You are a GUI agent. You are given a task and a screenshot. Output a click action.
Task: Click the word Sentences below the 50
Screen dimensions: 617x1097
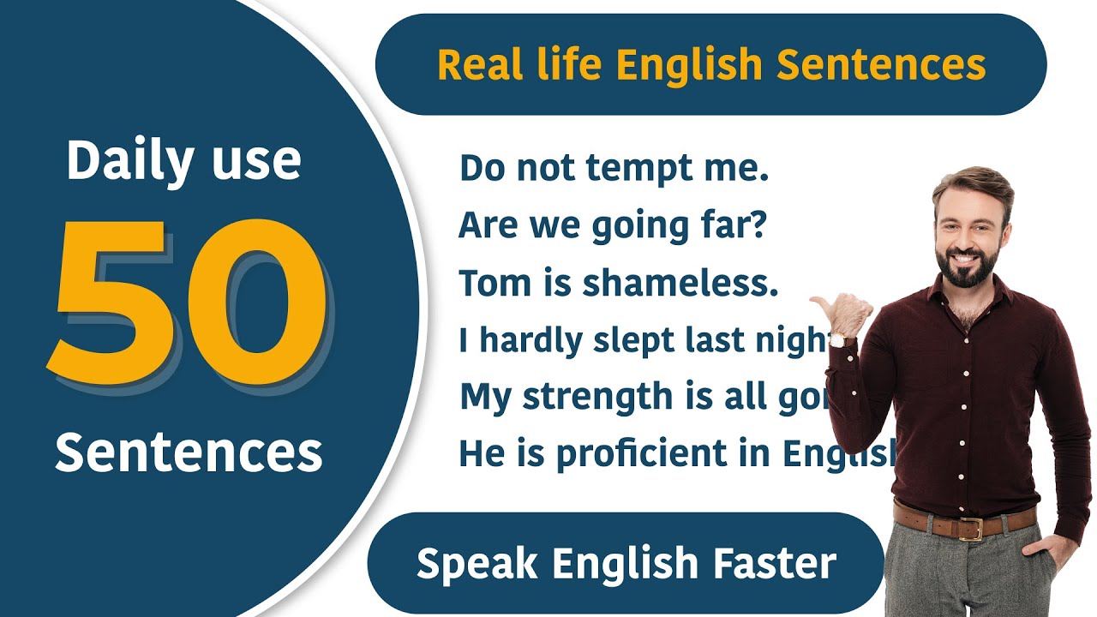(x=189, y=452)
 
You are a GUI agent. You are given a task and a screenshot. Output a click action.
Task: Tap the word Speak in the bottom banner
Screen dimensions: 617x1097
(x=477, y=564)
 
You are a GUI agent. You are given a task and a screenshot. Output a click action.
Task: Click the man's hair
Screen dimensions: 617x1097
(x=973, y=180)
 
